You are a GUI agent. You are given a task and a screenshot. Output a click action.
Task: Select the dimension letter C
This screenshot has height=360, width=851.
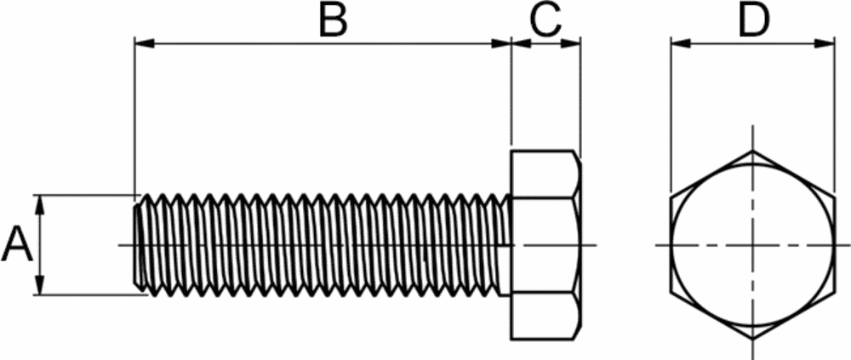pos(545,21)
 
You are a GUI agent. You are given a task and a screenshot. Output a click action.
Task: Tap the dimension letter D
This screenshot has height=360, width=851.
pos(754,21)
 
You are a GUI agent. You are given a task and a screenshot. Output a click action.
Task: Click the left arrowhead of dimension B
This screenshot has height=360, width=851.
pos(145,43)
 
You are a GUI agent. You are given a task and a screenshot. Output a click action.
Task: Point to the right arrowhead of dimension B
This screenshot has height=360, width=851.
pos(501,43)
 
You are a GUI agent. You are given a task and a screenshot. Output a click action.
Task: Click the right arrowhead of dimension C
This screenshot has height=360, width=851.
pos(570,43)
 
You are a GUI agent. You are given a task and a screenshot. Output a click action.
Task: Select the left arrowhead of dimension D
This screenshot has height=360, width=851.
pos(681,43)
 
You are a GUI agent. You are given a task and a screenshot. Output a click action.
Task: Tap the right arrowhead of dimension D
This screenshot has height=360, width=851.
pos(825,43)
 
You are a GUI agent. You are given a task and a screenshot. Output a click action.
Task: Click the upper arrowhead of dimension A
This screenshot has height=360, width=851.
pos(39,205)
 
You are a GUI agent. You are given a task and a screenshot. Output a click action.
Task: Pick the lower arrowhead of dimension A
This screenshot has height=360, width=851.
pos(39,285)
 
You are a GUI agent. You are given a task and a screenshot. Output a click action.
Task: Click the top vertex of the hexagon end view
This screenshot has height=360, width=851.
pos(752,151)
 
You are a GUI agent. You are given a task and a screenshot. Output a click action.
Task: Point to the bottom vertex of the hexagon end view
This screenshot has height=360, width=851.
pos(752,340)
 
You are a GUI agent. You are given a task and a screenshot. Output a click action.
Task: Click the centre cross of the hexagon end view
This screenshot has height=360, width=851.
pos(752,245)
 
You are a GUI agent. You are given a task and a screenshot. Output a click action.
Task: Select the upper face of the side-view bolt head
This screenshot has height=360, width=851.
pos(545,174)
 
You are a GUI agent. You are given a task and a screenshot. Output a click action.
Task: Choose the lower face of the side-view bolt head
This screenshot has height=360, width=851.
pos(545,317)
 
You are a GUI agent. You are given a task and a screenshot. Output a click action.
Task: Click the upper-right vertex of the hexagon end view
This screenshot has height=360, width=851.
pos(834,197)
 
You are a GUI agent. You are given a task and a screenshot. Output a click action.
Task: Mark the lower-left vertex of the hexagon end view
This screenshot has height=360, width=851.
pos(671,292)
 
